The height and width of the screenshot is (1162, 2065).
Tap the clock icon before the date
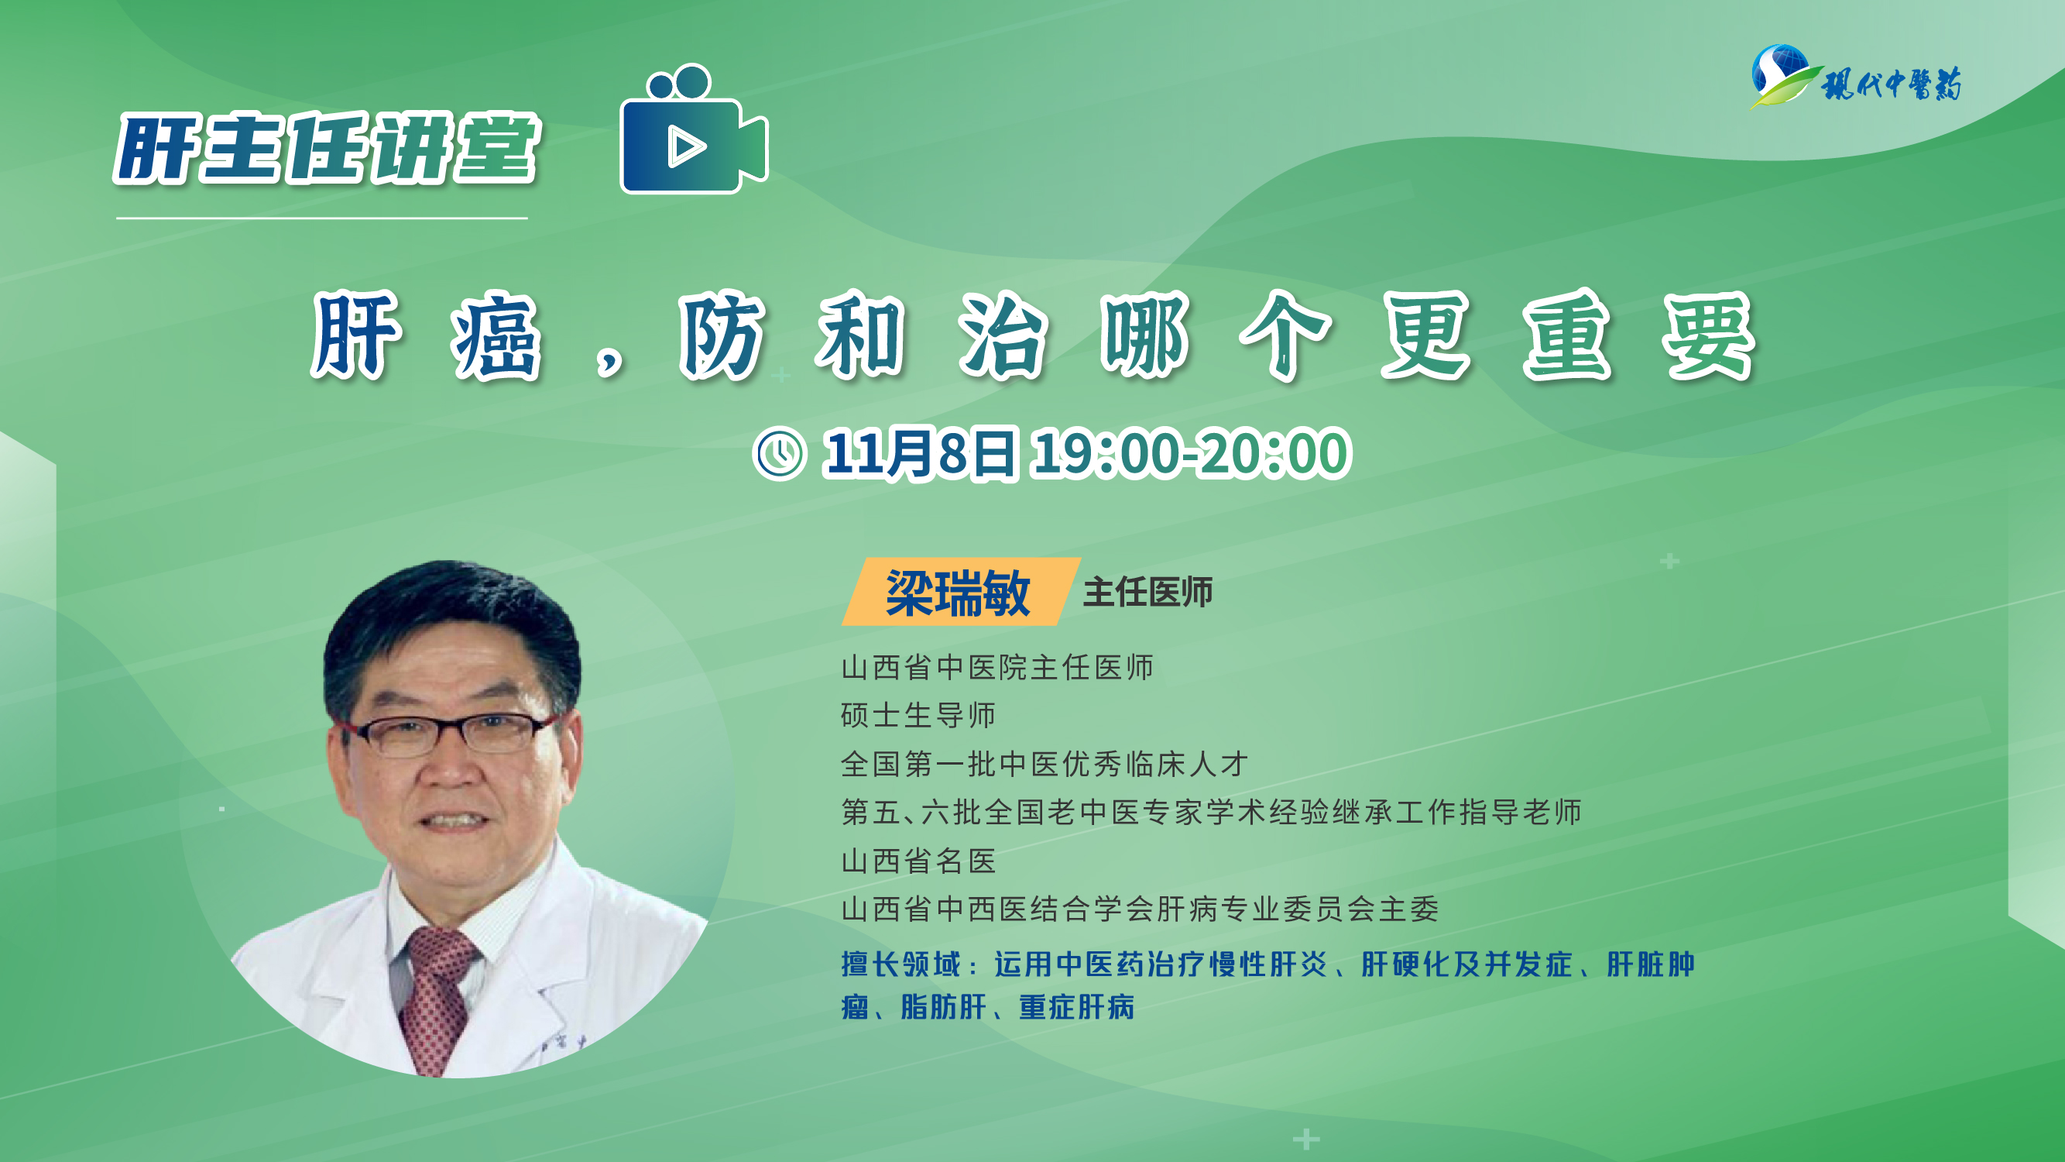[x=779, y=454]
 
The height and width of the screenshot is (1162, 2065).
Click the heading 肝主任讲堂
[x=328, y=149]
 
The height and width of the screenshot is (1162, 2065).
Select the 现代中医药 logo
[x=1857, y=77]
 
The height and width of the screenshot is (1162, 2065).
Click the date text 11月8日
[x=920, y=454]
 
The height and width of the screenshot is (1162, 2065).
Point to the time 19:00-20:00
[x=1191, y=454]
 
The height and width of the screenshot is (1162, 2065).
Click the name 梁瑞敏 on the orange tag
[x=958, y=593]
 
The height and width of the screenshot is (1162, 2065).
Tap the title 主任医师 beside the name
[x=1148, y=593]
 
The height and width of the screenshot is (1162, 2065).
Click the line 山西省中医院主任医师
[x=997, y=667]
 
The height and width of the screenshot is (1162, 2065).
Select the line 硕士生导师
[x=918, y=715]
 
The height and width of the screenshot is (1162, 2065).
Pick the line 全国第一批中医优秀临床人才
[x=1045, y=765]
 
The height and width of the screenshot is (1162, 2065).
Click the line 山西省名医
[x=918, y=861]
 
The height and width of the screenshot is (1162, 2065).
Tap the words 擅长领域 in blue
[x=901, y=964]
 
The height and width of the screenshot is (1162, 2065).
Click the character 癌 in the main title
[x=496, y=335]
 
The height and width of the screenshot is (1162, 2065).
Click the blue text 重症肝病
[x=1076, y=1007]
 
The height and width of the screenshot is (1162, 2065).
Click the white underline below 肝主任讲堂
[x=321, y=218]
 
